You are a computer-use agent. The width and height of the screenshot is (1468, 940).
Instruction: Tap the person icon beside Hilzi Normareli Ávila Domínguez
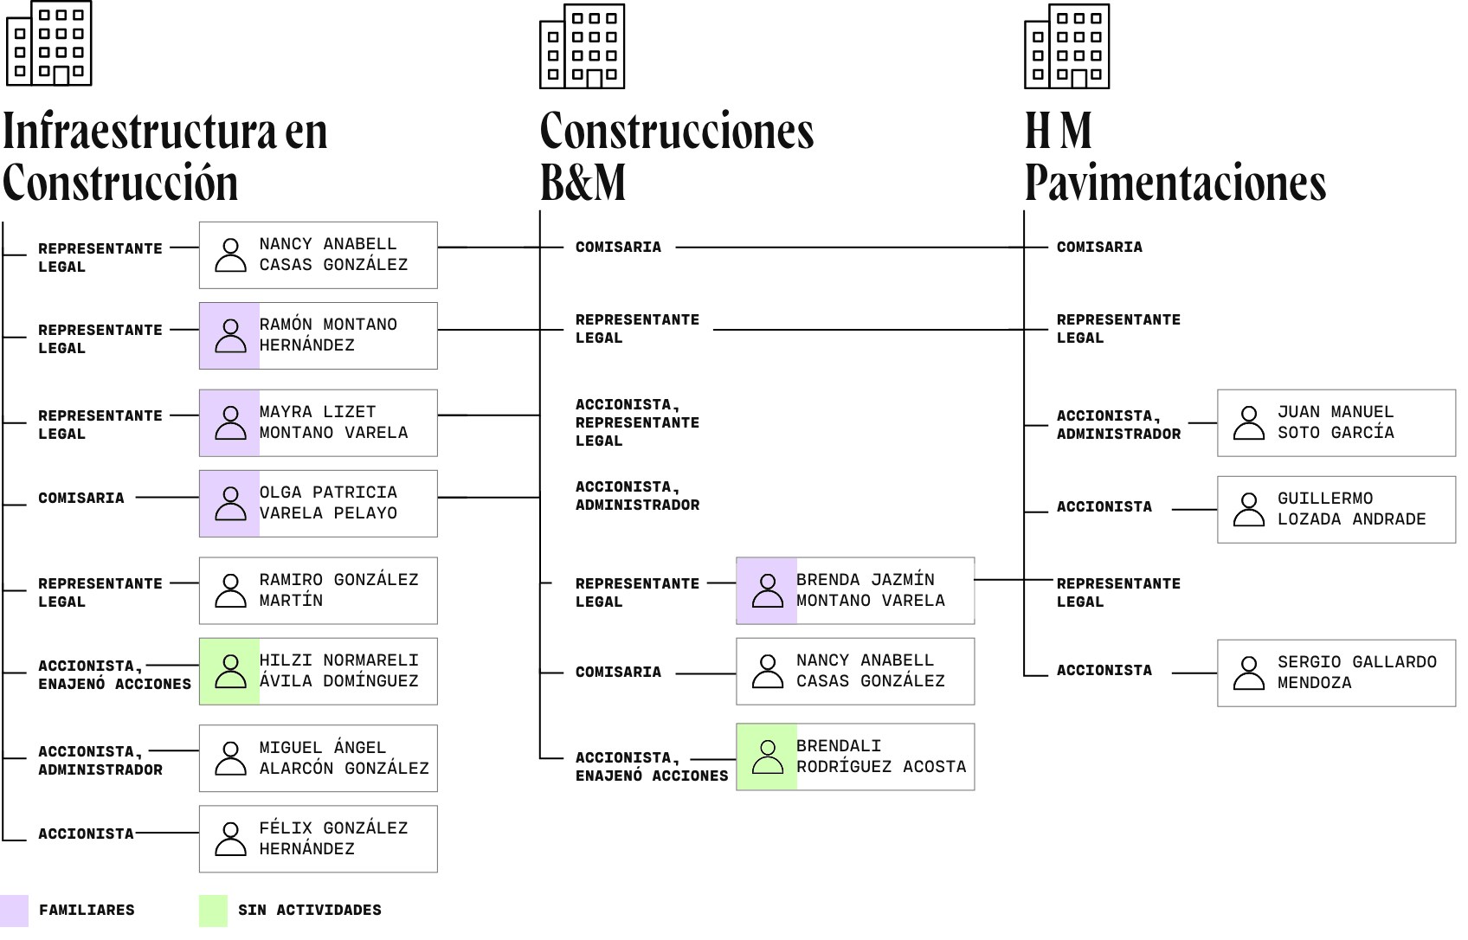pyautogui.click(x=230, y=671)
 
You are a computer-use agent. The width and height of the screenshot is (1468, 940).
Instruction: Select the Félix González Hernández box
pyautogui.click(x=319, y=839)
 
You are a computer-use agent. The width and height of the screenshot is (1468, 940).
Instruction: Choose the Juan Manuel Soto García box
pyautogui.click(x=1336, y=422)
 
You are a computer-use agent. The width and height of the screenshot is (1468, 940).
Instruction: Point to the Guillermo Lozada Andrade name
pyautogui.click(x=1351, y=509)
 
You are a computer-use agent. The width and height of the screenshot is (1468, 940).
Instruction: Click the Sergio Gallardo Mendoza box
pyautogui.click(x=1336, y=673)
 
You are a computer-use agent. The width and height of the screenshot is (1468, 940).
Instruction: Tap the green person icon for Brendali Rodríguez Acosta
pyautogui.click(x=767, y=757)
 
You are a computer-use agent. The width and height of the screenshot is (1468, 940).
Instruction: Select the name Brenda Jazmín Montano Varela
pyautogui.click(x=870, y=590)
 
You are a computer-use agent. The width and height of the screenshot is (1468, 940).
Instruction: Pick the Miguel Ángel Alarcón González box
pyautogui.click(x=319, y=758)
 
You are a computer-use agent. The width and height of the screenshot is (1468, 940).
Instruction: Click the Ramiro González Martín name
pyautogui.click(x=338, y=590)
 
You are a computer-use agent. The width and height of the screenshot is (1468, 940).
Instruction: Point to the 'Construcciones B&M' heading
pyautogui.click(x=676, y=156)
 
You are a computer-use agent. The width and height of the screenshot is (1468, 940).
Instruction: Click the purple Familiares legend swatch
pyautogui.click(x=14, y=911)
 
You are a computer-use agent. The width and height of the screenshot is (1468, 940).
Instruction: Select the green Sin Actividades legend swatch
pyautogui.click(x=213, y=911)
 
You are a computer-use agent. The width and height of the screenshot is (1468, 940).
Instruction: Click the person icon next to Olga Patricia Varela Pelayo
pyautogui.click(x=230, y=503)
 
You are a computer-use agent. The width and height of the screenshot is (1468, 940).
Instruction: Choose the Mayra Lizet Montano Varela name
pyautogui.click(x=333, y=422)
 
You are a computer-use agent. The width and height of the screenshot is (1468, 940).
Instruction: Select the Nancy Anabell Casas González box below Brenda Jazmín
pyautogui.click(x=855, y=671)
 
